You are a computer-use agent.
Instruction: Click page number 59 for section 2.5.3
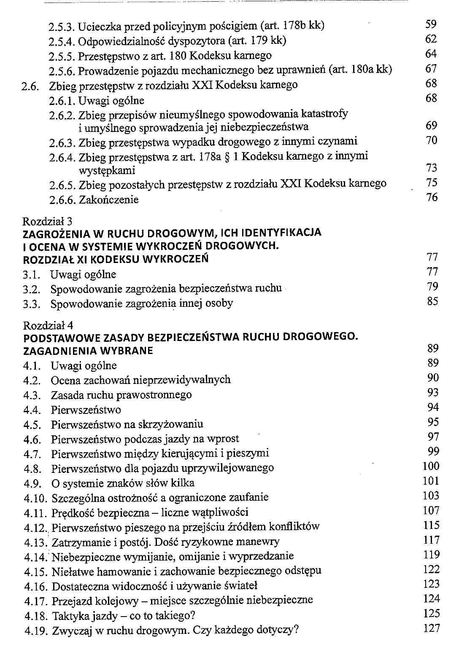[431, 24]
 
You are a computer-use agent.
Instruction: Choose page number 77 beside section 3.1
[432, 272]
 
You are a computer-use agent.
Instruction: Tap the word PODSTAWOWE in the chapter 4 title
[60, 338]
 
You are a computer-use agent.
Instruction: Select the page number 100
[431, 466]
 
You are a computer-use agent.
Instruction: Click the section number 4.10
[36, 498]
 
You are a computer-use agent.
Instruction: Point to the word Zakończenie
[108, 200]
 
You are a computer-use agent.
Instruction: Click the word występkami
[107, 171]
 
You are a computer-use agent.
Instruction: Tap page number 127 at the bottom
[431, 628]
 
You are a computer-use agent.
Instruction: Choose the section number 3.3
[32, 304]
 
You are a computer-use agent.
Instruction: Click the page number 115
[431, 525]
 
